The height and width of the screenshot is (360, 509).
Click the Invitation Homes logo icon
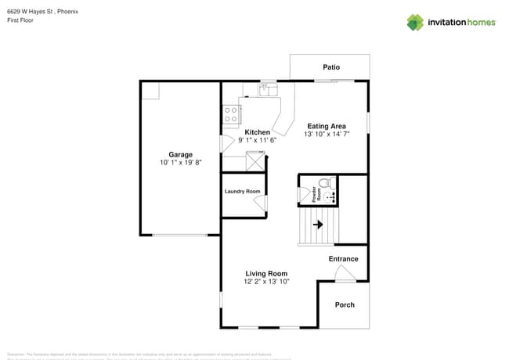pyautogui.click(x=414, y=22)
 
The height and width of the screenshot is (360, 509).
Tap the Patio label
pyautogui.click(x=331, y=67)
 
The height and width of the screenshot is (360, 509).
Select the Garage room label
pyautogui.click(x=180, y=154)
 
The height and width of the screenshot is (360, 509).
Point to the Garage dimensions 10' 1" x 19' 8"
pyautogui.click(x=180, y=163)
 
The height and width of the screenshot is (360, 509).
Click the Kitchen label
pyautogui.click(x=257, y=132)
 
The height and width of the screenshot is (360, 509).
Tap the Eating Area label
pyautogui.click(x=327, y=126)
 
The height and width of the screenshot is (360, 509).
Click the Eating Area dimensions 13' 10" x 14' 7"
pyautogui.click(x=327, y=135)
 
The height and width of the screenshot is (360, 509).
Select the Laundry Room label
pyautogui.click(x=242, y=192)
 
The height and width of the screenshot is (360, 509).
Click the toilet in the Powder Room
pyautogui.click(x=332, y=185)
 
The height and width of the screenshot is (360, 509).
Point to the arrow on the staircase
pyautogui.click(x=318, y=225)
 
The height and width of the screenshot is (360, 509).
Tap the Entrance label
pyautogui.click(x=343, y=259)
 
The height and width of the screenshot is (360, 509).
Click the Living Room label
pyautogui.click(x=266, y=273)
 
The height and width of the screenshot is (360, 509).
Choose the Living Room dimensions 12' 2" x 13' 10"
pyautogui.click(x=266, y=282)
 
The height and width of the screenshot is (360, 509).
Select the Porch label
pyautogui.click(x=345, y=304)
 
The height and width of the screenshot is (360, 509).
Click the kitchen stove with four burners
pyautogui.click(x=232, y=114)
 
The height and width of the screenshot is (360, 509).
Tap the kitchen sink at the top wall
pyautogui.click(x=268, y=88)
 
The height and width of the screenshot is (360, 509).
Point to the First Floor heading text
pyautogui.click(x=20, y=21)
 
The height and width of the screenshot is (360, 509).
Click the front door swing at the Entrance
pyautogui.click(x=343, y=273)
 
